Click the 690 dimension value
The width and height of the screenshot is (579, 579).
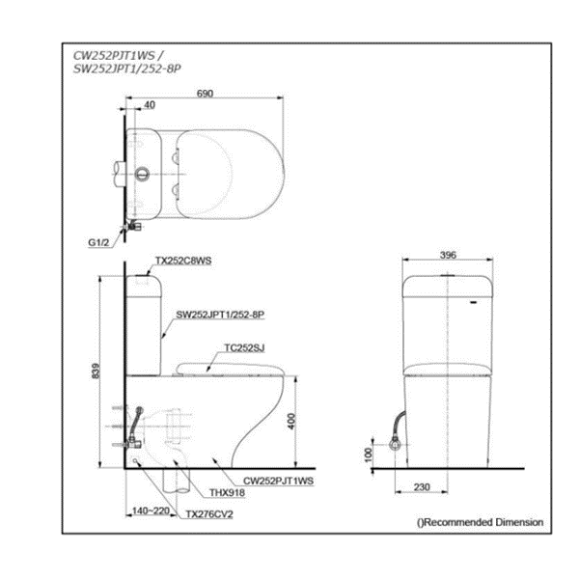click(x=205, y=94)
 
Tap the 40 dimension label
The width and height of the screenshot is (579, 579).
click(x=150, y=105)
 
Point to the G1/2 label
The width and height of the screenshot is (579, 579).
click(x=98, y=242)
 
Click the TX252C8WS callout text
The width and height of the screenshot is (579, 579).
click(x=183, y=261)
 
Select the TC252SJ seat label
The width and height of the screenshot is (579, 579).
click(x=244, y=347)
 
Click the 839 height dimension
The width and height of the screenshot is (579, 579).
click(x=96, y=371)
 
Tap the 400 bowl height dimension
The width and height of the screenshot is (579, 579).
click(x=291, y=421)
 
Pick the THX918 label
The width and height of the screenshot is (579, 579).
click(x=227, y=492)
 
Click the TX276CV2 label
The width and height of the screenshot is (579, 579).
click(x=209, y=514)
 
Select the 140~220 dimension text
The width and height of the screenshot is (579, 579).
click(x=151, y=510)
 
